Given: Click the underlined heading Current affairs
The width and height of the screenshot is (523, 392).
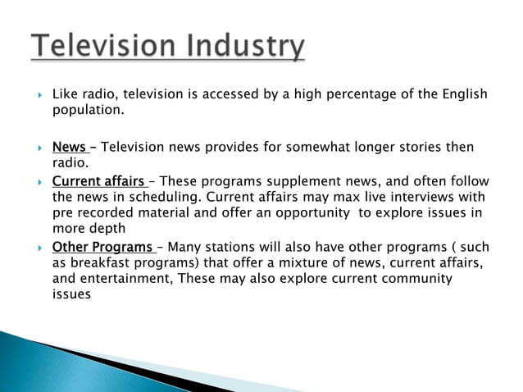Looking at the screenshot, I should (x=98, y=181).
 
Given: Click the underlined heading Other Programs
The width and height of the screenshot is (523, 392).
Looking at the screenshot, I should (x=102, y=248).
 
